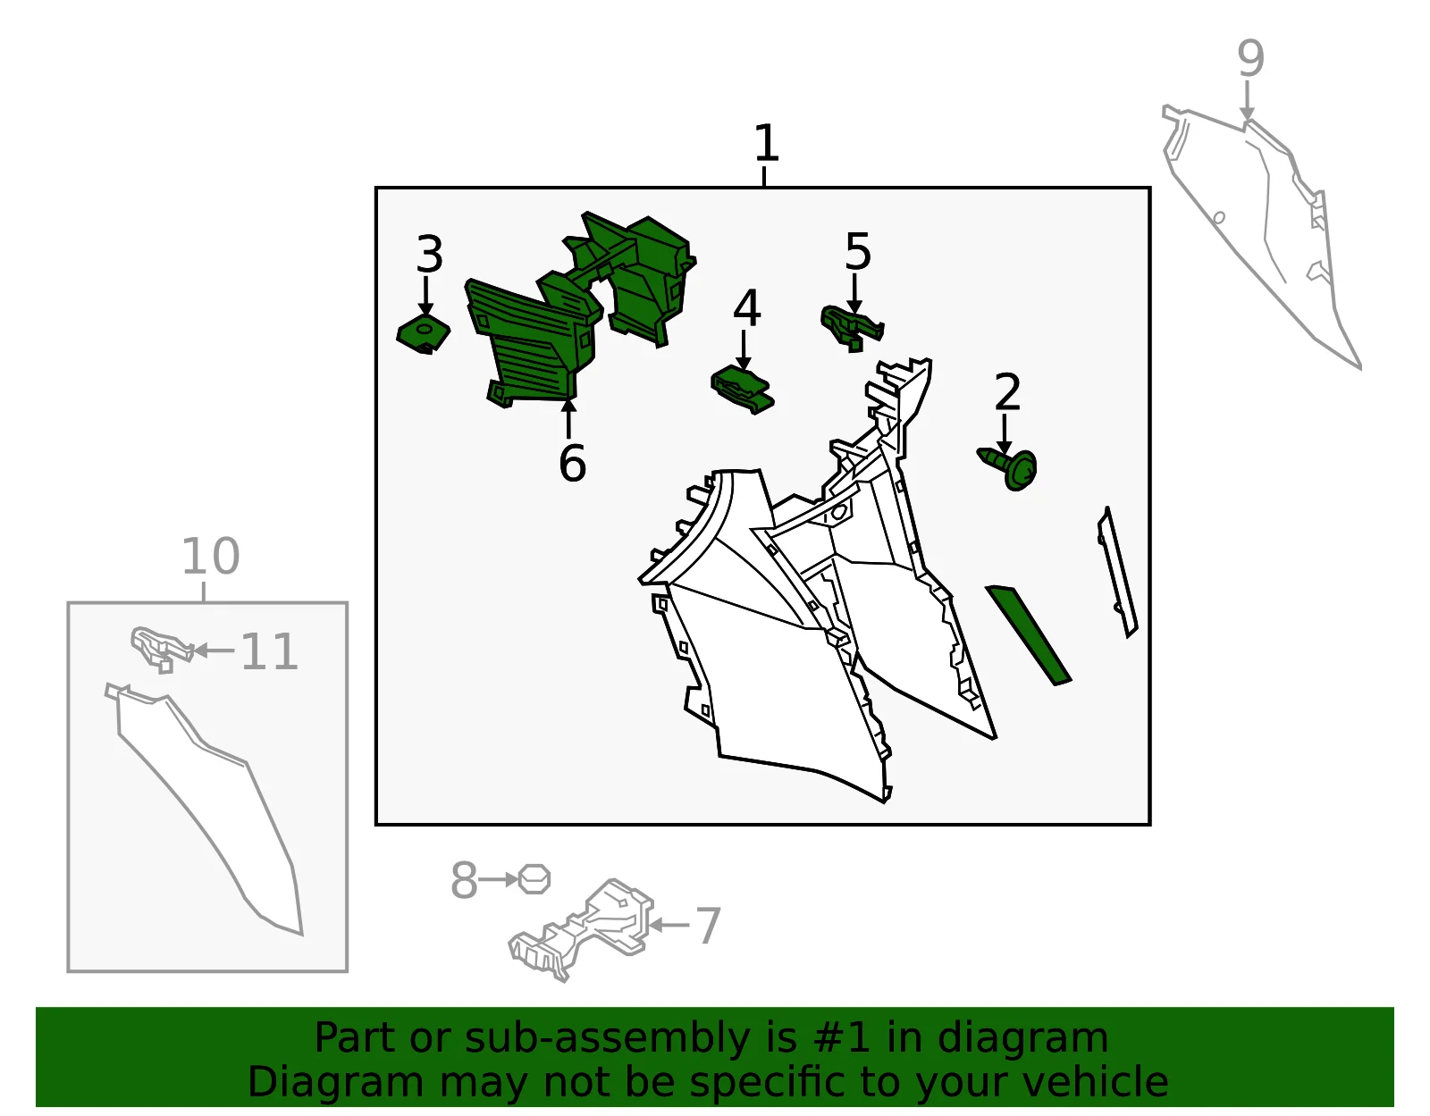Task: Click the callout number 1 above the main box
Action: (x=766, y=143)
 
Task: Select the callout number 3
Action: (x=429, y=254)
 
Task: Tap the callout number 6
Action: (x=572, y=463)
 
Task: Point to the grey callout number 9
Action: (x=1250, y=59)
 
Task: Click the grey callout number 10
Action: (x=211, y=557)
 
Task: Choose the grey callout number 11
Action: (x=269, y=651)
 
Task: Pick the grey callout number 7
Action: (x=708, y=926)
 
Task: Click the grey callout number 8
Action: (x=464, y=880)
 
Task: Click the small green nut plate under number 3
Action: (x=423, y=333)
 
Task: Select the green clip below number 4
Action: (x=742, y=390)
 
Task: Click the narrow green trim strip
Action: (x=1028, y=634)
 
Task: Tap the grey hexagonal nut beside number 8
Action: (x=534, y=879)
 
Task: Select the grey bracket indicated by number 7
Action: (x=581, y=929)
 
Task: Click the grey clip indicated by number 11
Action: (x=162, y=649)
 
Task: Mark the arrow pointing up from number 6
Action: (x=568, y=418)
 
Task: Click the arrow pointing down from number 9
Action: (x=1247, y=101)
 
